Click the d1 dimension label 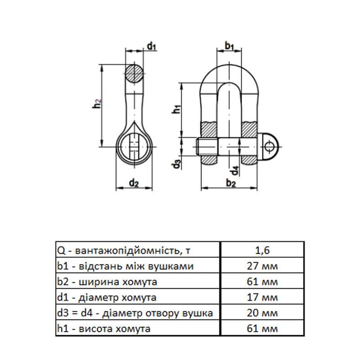click(152, 46)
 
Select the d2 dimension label click(134, 183)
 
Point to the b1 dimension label click(229, 46)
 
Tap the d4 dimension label click(234, 171)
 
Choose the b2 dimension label click(231, 183)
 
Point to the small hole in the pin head click(269, 147)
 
